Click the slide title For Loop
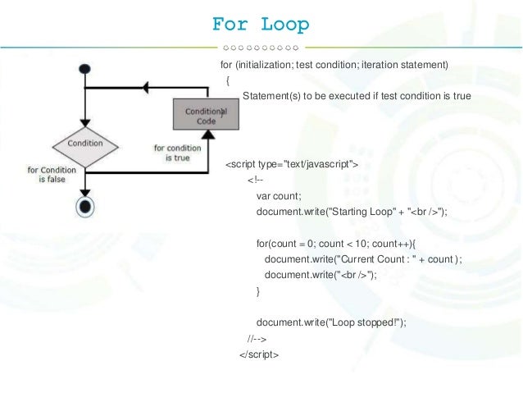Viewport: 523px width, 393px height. tap(261, 25)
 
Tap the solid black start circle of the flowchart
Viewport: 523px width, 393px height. tap(84, 70)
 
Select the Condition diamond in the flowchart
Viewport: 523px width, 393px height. tap(85, 144)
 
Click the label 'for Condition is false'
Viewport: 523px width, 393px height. tap(53, 175)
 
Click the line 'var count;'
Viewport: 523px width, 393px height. tap(280, 196)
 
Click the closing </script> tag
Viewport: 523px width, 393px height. tap(259, 354)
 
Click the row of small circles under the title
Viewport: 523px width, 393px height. tap(261, 47)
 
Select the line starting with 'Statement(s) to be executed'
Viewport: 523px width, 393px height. tap(357, 96)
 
